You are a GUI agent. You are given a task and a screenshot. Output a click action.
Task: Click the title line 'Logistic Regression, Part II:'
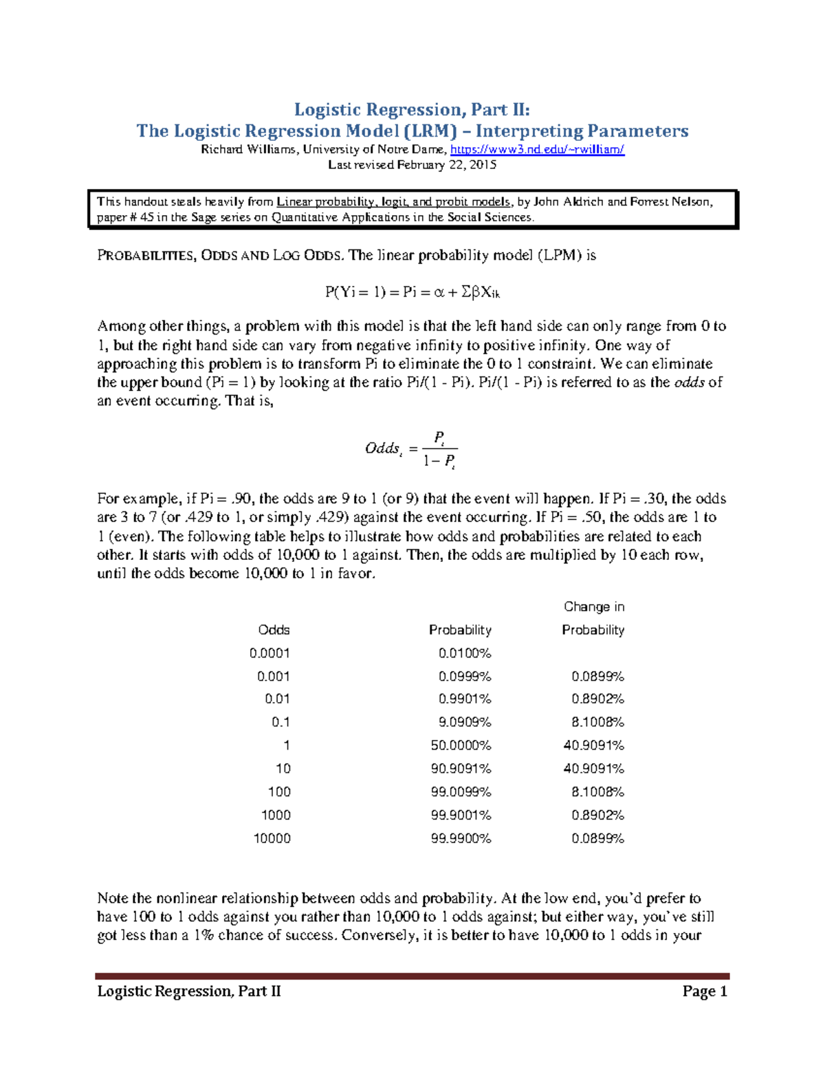coord(412,110)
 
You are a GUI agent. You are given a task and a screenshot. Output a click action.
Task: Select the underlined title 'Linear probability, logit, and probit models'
coord(393,202)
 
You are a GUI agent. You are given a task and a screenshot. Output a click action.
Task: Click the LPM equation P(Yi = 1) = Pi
coord(412,292)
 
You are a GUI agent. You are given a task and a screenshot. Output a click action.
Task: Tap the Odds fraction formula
coord(411,449)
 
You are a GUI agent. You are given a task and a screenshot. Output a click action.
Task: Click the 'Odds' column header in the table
coord(274,630)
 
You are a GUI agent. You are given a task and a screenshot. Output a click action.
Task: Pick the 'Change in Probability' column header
coord(593,618)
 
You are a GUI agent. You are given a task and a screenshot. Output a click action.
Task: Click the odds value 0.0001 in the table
coord(269,653)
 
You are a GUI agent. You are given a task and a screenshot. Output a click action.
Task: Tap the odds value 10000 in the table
coord(272,838)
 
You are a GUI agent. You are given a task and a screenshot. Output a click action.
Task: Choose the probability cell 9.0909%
coord(465,722)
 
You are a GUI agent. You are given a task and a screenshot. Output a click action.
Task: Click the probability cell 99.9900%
coord(461,838)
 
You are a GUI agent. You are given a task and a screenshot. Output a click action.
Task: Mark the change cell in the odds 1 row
coord(593,745)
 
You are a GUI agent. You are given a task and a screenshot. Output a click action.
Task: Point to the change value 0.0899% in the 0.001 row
coord(597,677)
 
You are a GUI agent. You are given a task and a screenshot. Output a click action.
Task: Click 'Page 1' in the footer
coord(705,991)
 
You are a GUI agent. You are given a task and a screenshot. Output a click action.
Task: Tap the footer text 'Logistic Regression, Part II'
coord(189,991)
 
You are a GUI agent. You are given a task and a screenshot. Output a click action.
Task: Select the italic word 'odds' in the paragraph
coord(689,383)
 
